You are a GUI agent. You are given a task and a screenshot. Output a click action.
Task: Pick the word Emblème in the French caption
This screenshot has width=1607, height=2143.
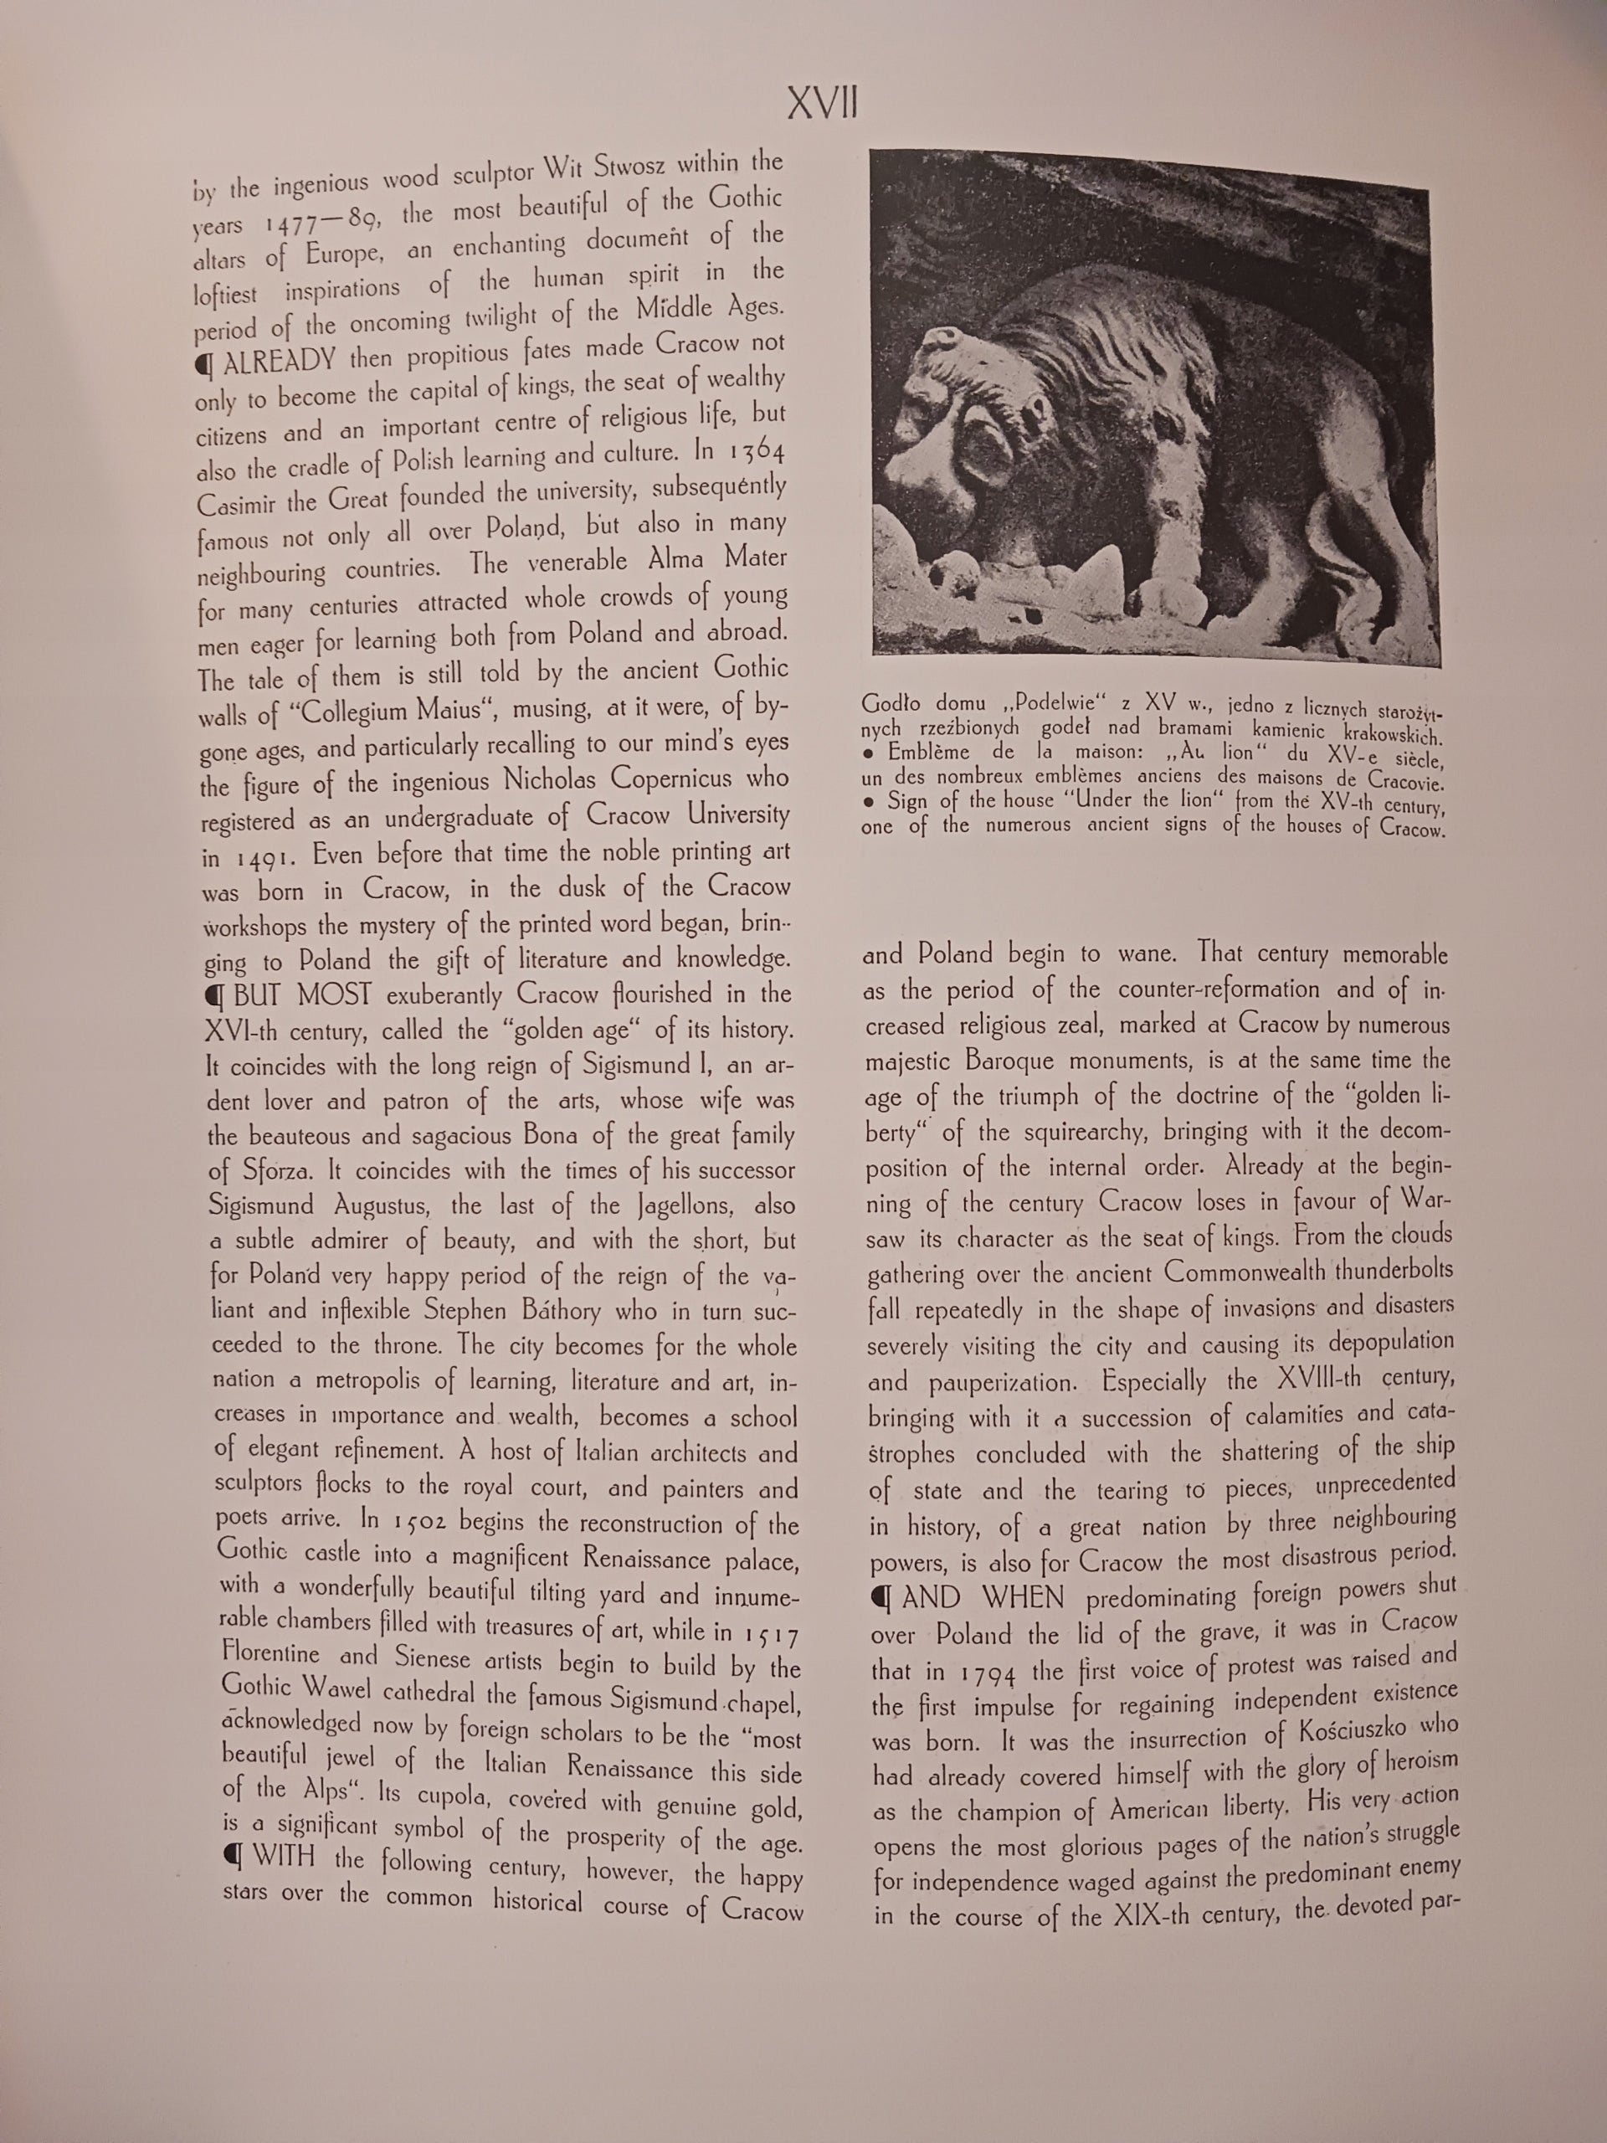click(928, 752)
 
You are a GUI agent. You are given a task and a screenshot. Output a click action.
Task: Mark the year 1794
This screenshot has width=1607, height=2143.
click(988, 1673)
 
